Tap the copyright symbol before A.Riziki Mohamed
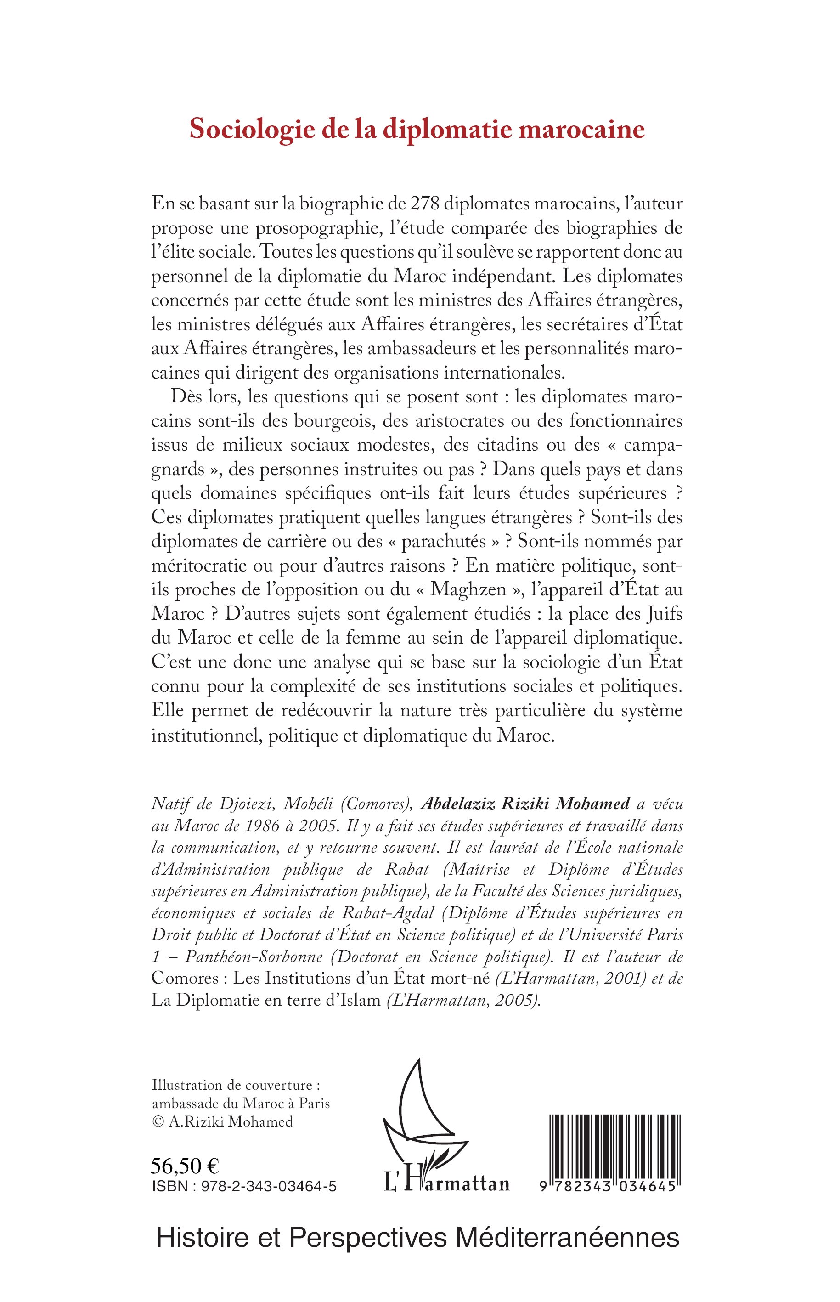(x=157, y=1122)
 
